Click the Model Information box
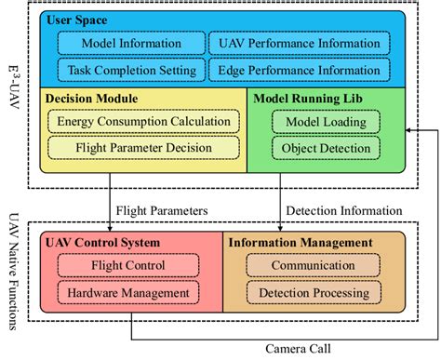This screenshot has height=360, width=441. (131, 43)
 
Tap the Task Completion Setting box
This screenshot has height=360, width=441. (131, 69)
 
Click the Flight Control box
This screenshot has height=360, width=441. (130, 265)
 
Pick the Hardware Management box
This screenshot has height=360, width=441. (130, 291)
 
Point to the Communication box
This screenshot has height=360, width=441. (313, 265)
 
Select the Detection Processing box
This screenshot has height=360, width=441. (313, 291)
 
